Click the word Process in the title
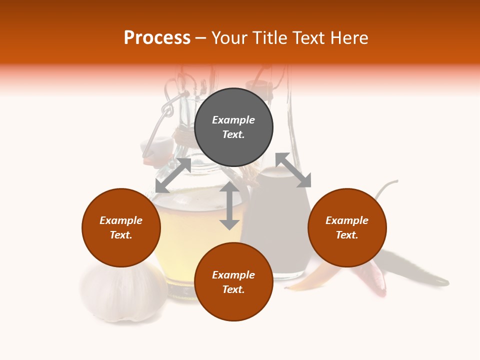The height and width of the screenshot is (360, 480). click(157, 38)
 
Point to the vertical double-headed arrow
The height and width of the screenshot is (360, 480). click(229, 205)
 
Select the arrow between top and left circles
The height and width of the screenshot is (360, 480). click(173, 175)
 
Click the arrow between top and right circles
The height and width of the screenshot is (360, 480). click(293, 170)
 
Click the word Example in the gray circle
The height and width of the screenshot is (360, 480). click(233, 120)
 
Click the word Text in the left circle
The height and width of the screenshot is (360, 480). click(121, 235)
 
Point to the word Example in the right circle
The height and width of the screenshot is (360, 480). click(347, 220)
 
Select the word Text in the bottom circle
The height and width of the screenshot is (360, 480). click(233, 289)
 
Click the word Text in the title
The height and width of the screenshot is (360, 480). click(302, 38)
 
